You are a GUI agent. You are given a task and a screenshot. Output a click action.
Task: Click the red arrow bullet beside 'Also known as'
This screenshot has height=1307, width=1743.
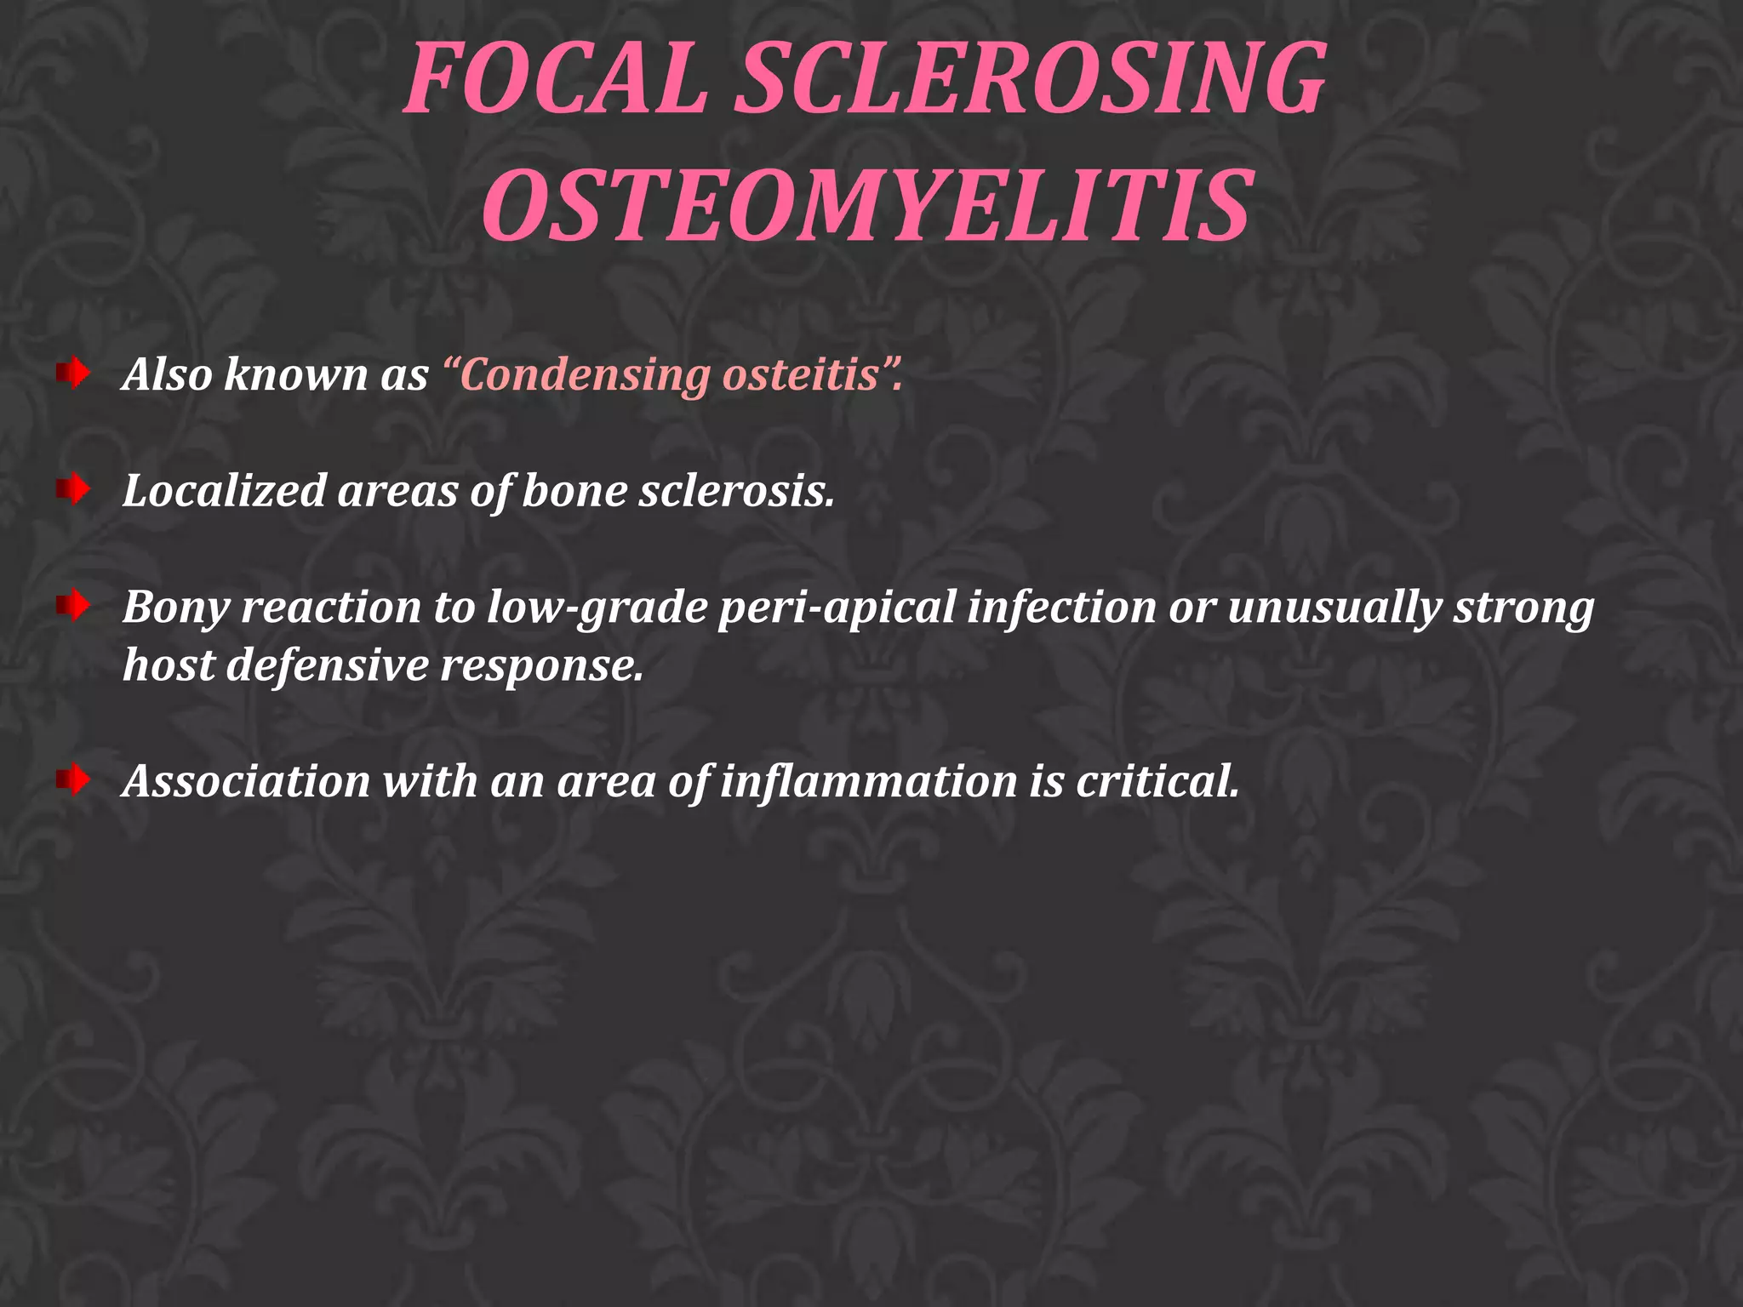(x=74, y=373)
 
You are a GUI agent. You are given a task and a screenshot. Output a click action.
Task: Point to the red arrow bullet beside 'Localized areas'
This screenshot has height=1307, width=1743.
(x=74, y=489)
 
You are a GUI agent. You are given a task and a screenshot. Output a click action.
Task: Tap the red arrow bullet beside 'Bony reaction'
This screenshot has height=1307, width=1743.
(x=74, y=606)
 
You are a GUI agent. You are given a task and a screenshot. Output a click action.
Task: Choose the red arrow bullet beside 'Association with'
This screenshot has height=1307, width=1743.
(x=74, y=779)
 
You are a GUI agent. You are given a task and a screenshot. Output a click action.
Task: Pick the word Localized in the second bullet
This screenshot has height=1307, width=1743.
(x=224, y=491)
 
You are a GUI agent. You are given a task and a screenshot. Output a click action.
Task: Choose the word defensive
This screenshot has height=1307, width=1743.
(x=327, y=665)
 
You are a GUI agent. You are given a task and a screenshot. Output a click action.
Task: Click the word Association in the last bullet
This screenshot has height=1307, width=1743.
(x=247, y=781)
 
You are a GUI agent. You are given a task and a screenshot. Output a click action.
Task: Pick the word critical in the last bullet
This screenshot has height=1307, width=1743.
(x=1157, y=781)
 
